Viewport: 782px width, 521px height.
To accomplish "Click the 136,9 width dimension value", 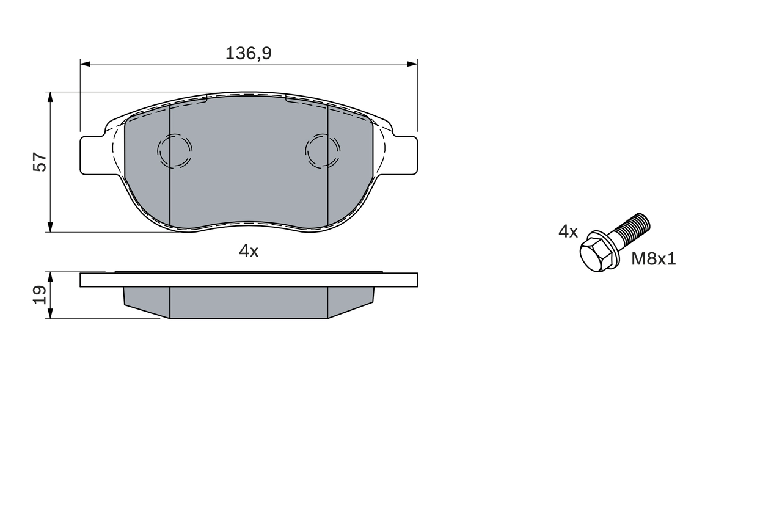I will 248,54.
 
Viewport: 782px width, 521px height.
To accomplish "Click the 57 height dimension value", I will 40,162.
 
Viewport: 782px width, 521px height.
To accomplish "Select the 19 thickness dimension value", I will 40,294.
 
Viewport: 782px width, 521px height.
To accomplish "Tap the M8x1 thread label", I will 653,259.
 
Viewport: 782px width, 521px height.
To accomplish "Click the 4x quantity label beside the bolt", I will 568,231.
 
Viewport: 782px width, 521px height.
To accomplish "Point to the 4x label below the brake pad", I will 249,251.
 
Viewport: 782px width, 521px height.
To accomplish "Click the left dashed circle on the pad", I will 175,150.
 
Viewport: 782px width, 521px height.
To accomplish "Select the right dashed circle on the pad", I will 323,150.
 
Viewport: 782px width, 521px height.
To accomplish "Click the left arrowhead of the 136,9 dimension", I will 85,64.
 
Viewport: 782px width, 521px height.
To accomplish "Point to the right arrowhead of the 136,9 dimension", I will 412,64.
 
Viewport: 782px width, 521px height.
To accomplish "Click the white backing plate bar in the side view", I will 249,280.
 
